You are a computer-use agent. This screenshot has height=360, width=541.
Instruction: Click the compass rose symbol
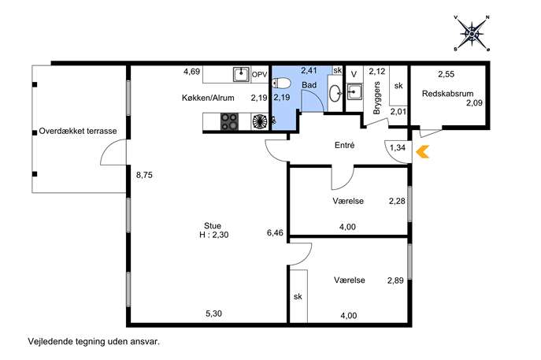(x=472, y=34)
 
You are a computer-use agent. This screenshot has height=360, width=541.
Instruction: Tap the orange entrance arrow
(x=422, y=152)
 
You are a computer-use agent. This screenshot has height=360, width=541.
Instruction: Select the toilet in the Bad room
(x=281, y=84)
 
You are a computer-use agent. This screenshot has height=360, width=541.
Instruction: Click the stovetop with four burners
(x=229, y=121)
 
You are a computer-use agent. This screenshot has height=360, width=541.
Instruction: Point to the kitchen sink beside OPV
(x=241, y=74)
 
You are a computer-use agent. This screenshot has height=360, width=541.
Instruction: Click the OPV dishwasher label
(x=259, y=75)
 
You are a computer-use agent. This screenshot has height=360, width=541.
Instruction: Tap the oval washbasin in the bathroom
(x=335, y=94)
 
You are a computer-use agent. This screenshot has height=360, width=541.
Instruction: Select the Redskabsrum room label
(x=447, y=94)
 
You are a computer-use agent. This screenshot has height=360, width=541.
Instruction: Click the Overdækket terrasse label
(x=78, y=132)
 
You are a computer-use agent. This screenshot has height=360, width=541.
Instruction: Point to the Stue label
(x=213, y=226)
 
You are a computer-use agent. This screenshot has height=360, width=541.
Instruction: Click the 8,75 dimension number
(x=144, y=175)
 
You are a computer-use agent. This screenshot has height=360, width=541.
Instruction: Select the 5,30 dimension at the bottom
(x=214, y=314)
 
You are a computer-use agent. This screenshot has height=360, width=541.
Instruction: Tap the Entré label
(x=345, y=145)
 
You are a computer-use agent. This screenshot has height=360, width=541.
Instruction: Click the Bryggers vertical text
(x=376, y=98)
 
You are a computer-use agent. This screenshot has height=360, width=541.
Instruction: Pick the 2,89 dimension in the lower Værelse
(x=395, y=280)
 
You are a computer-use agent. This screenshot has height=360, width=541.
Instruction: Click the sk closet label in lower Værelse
(x=298, y=296)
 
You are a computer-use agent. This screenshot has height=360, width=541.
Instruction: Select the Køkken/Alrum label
(x=208, y=98)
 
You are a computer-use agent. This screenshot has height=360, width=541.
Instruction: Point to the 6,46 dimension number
(x=275, y=233)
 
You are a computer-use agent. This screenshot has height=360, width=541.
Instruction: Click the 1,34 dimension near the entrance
(x=398, y=148)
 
